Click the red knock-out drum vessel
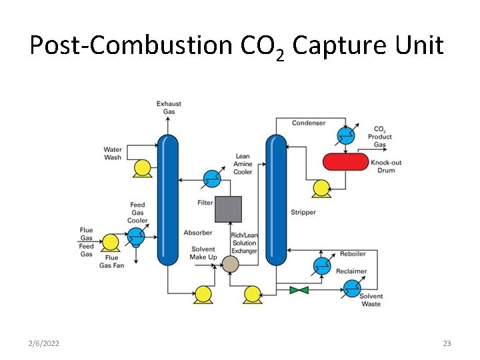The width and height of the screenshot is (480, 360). tap(345, 161)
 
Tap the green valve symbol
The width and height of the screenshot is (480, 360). tap(299, 290)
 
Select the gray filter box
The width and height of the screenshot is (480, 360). tap(228, 209)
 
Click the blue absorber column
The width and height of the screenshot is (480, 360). tap(168, 200)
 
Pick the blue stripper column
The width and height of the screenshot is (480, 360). tap(276, 200)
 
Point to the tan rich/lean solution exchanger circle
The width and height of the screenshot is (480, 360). tap(230, 265)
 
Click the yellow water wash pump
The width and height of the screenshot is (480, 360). tap(142, 168)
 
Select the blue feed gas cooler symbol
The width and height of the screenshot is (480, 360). tap(137, 236)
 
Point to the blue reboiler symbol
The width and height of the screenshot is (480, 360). tap(322, 266)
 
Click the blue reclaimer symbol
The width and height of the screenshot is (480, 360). tap(351, 289)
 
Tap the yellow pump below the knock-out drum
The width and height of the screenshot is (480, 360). tap(321, 188)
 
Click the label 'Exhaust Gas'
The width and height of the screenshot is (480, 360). tap(169, 107)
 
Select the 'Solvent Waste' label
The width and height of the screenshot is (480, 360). tap(371, 300)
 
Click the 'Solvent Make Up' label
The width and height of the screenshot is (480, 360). tap(203, 253)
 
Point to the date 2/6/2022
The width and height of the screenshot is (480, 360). tap(44, 343)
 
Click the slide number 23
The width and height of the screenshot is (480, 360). tap(447, 343)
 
